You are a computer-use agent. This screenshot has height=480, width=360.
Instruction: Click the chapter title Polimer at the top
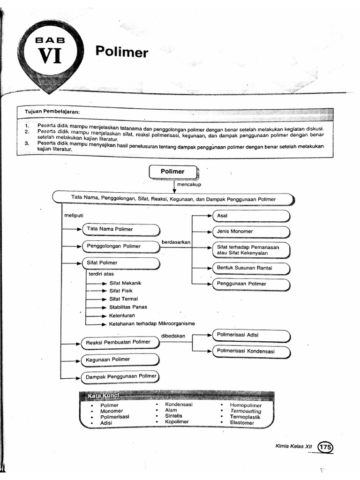coord(122,52)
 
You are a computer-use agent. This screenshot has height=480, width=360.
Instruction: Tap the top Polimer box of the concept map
coord(173,172)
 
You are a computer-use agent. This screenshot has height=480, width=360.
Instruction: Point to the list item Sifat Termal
coord(123,299)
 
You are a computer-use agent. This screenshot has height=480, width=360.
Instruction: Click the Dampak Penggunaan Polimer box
coord(120,376)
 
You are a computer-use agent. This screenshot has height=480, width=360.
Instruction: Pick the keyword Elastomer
coord(242,423)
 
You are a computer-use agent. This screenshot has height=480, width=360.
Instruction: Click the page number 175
coord(325,447)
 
